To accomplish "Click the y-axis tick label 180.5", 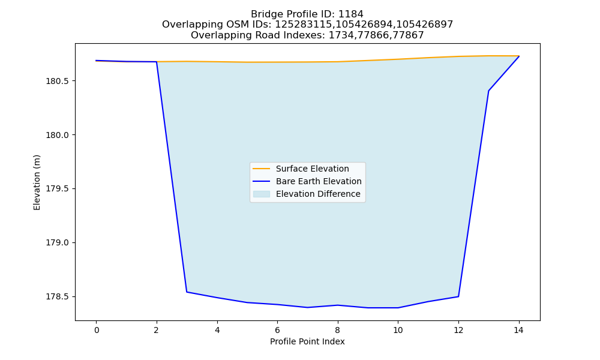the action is point(58,81).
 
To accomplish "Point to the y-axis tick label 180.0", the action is point(58,135).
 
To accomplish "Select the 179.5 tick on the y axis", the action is point(58,188).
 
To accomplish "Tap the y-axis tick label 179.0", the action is point(58,242).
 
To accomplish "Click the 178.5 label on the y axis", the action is point(58,296).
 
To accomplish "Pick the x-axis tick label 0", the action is point(97,330).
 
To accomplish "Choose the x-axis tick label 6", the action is point(277,330).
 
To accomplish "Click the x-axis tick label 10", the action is point(398,330).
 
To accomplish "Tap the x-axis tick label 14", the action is point(518,330).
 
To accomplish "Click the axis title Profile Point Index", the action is point(307,341).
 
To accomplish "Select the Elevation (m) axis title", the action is point(37,182).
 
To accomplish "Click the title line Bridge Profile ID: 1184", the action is point(307,14).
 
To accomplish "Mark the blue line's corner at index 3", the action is point(187,292).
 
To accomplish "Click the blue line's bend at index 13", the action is point(488,91).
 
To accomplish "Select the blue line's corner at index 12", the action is point(458,296).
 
